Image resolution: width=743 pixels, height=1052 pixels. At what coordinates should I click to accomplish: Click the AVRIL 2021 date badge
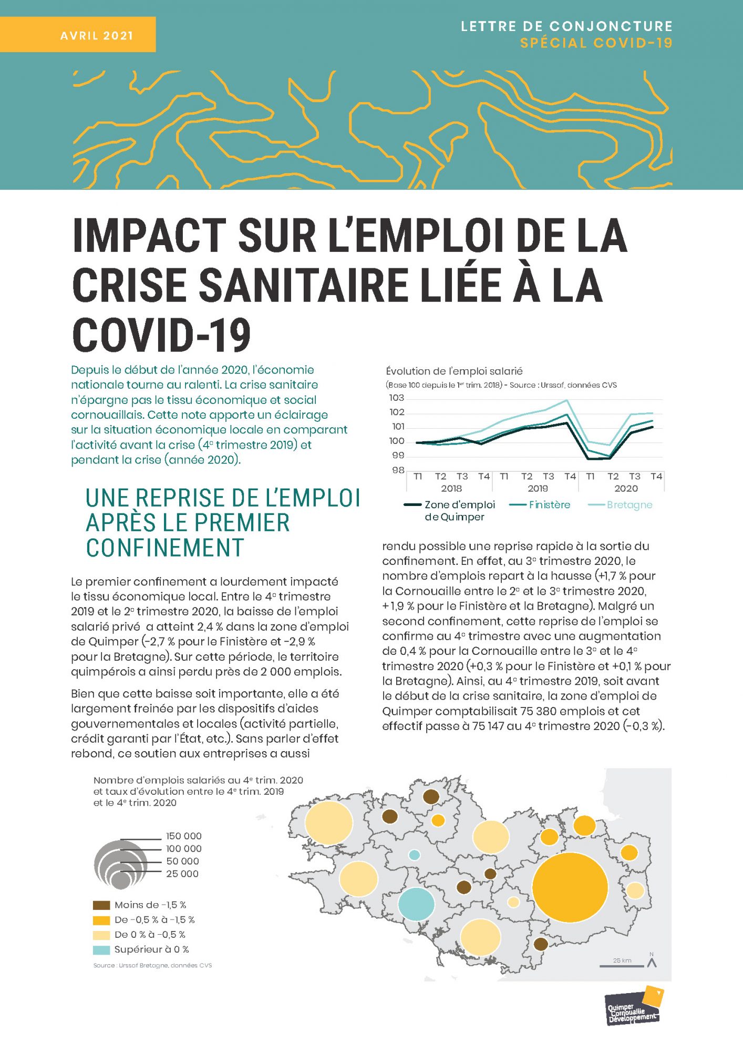tap(78, 35)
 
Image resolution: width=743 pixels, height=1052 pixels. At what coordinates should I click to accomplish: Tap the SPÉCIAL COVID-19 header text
tap(596, 43)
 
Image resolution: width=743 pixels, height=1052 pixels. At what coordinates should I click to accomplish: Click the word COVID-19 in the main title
tap(161, 335)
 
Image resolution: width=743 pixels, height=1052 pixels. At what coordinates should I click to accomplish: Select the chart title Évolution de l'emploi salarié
tap(454, 371)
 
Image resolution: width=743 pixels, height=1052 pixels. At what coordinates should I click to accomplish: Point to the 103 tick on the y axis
tap(397, 398)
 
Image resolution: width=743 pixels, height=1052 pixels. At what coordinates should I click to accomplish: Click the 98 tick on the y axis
tap(398, 470)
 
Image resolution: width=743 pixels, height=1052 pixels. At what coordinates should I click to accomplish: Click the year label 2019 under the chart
tap(538, 488)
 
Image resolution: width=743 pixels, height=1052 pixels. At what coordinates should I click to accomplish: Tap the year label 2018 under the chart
tap(451, 488)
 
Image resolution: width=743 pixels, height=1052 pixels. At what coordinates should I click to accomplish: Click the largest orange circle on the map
tap(570, 887)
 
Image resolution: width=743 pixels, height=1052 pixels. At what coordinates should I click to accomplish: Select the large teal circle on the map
tap(416, 904)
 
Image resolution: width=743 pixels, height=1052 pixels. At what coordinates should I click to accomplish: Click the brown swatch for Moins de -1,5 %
tap(101, 905)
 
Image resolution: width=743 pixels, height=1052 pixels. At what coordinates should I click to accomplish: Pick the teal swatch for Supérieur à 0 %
tap(101, 949)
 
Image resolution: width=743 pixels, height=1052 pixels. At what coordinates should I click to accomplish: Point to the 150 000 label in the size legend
tap(184, 836)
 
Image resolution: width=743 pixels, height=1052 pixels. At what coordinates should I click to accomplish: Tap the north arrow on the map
tap(652, 962)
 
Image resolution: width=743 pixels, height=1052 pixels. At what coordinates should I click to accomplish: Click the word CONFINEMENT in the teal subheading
tap(165, 548)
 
